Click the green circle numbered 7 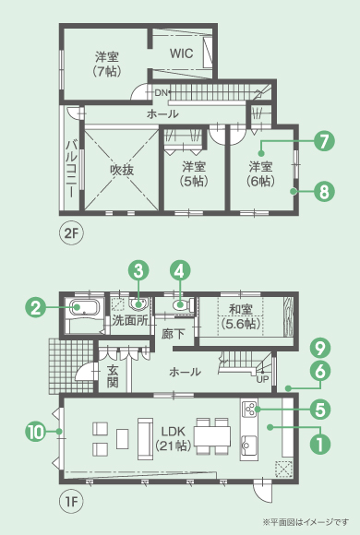(x=324, y=141)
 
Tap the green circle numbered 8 (x=324, y=192)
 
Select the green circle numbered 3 (x=138, y=271)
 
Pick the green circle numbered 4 (x=180, y=271)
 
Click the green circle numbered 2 (x=36, y=308)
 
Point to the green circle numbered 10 (x=36, y=432)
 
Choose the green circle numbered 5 (x=320, y=410)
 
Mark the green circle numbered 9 (x=320, y=349)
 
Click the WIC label (x=181, y=53)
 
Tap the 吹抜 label (x=122, y=170)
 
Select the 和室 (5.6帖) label (x=241, y=316)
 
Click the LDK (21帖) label (x=173, y=438)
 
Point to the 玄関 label (x=113, y=376)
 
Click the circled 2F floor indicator (x=71, y=233)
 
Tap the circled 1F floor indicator (x=71, y=502)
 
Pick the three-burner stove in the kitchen (x=249, y=410)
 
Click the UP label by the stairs (x=263, y=379)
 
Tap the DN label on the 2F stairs (x=161, y=92)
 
